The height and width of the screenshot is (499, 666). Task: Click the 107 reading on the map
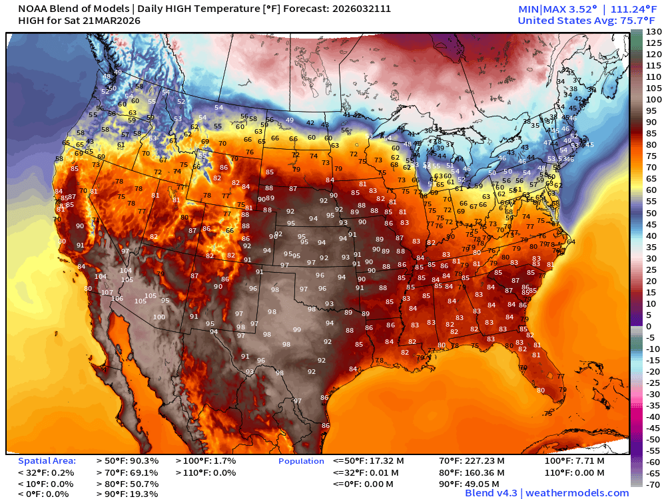[107, 293]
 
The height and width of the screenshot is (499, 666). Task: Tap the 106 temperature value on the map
[117, 299]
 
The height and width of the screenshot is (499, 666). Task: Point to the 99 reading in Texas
[296, 330]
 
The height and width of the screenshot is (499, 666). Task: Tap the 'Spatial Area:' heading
[47, 460]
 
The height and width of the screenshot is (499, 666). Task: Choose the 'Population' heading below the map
[301, 461]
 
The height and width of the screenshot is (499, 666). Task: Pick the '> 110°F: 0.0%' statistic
[205, 472]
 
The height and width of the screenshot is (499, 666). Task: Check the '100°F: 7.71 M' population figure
[574, 460]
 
